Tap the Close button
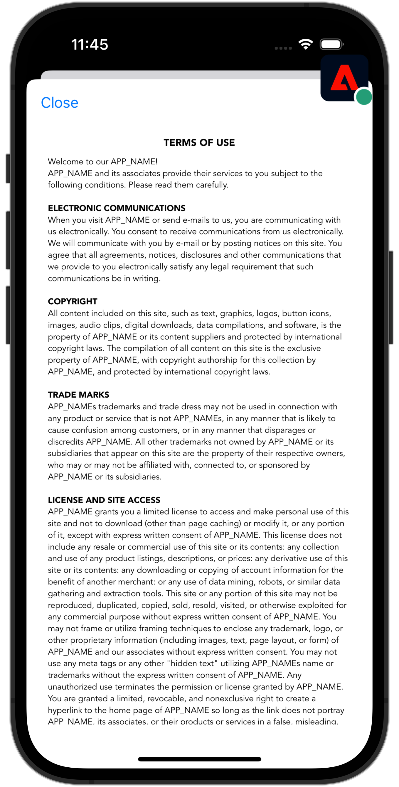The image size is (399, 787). [60, 103]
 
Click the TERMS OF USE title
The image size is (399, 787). [199, 142]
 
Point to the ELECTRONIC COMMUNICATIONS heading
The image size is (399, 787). [117, 208]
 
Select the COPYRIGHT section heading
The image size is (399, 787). [73, 301]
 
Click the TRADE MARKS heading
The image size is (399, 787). [78, 395]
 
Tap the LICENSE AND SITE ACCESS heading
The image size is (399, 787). [104, 500]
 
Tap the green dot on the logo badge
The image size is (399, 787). [364, 97]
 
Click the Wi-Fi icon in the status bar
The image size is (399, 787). [305, 44]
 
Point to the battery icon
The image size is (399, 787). [331, 44]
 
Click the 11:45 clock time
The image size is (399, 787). [90, 45]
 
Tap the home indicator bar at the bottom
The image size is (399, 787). [199, 759]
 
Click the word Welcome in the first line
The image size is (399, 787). [65, 161]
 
